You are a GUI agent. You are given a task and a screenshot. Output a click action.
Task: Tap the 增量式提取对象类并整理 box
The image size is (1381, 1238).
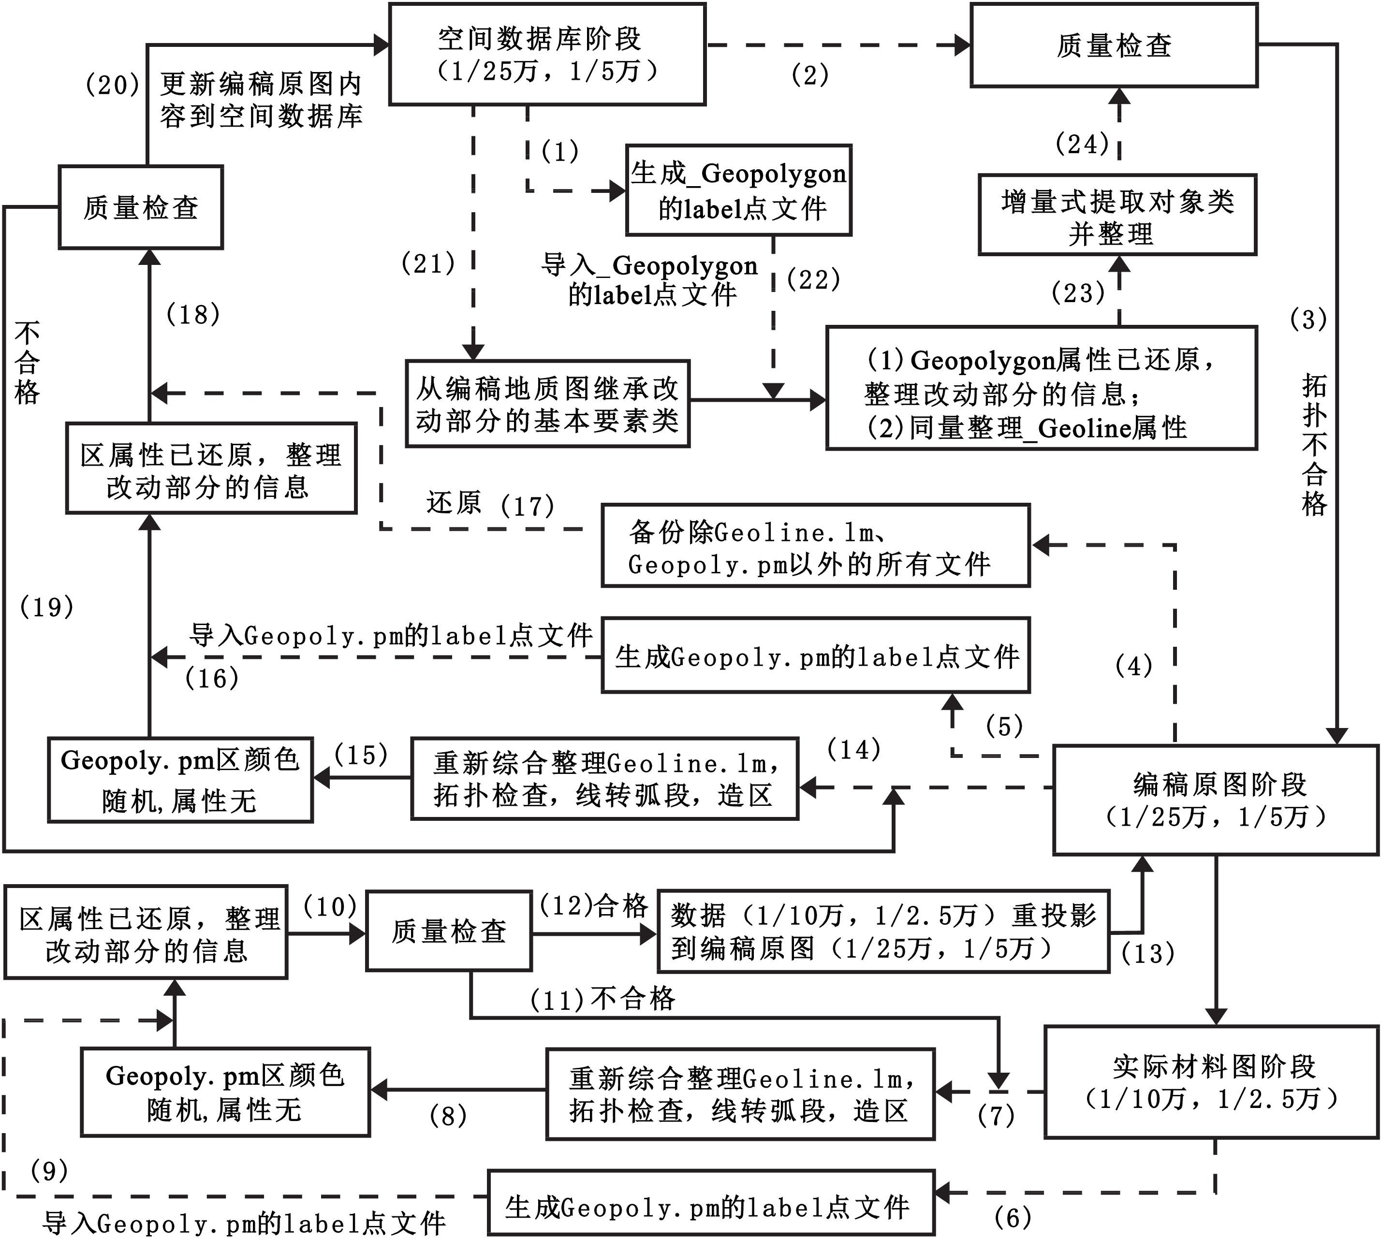click(1117, 216)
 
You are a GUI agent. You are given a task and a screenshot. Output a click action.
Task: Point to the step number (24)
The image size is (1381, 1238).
click(1082, 144)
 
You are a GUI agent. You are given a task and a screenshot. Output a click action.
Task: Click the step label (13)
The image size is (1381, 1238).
click(1147, 954)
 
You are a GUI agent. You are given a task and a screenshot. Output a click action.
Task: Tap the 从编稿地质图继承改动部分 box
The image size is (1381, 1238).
click(548, 404)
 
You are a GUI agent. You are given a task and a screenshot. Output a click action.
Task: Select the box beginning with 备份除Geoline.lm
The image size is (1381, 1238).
click(815, 546)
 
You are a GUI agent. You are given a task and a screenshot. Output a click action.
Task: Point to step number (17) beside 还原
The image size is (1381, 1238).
click(527, 506)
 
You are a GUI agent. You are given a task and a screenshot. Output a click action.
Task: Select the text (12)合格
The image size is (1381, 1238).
click(593, 906)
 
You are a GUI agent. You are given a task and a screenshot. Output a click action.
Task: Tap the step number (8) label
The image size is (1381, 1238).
click(448, 1116)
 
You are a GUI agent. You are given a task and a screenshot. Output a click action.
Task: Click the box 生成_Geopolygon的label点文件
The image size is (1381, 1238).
click(738, 190)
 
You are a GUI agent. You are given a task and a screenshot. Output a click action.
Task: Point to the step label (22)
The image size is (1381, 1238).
click(814, 279)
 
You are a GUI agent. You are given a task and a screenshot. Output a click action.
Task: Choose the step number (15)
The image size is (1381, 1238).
click(361, 755)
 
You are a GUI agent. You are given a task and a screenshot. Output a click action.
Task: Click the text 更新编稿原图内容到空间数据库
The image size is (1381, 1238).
click(261, 101)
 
